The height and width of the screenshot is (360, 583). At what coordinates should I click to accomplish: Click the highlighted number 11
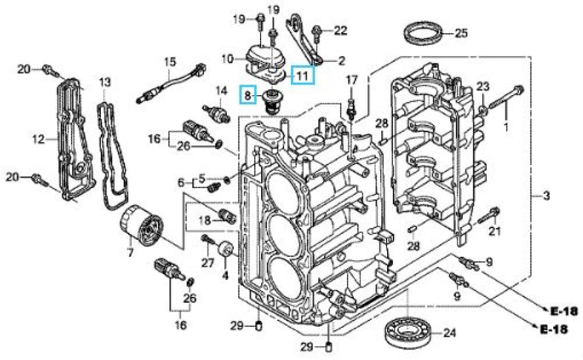(302, 74)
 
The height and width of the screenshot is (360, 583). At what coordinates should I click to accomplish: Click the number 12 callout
(38, 139)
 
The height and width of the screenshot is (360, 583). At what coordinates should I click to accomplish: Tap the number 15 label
(169, 61)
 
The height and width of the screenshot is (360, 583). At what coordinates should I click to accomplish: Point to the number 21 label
(494, 232)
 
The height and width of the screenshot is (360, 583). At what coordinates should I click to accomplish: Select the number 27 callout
(209, 263)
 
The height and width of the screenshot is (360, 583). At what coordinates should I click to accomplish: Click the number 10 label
(227, 58)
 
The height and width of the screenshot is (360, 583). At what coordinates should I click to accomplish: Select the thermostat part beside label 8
(271, 100)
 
